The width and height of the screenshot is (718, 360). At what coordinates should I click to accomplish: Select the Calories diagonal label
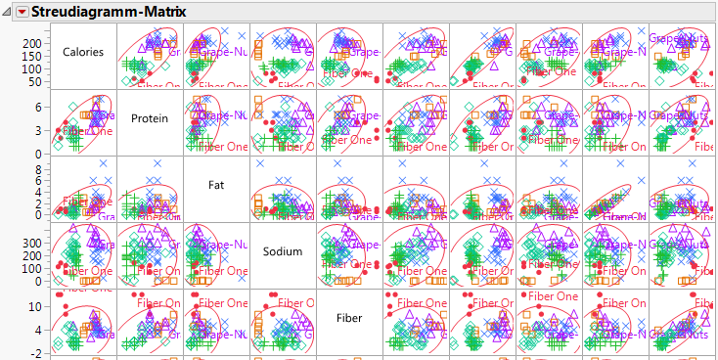click(x=82, y=52)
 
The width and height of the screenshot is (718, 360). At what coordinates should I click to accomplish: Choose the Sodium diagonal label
click(x=282, y=251)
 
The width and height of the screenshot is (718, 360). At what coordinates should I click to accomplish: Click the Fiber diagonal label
click(x=349, y=317)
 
